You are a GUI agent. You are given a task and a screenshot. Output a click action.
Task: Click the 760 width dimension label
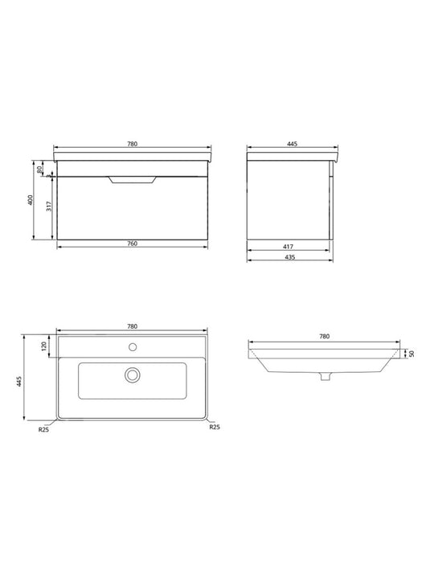coord(133,244)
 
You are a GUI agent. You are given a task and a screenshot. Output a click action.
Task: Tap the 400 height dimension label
coord(31,200)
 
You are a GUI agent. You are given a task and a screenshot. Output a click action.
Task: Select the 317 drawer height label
coord(49,206)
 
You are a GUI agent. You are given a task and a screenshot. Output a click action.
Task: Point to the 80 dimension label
coord(40,169)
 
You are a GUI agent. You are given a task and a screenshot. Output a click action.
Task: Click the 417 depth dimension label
coord(288,247)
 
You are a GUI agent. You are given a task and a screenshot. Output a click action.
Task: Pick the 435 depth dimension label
coord(289,257)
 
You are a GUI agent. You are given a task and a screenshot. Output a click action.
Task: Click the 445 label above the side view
coord(292,144)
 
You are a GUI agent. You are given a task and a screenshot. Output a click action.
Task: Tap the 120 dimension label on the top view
coord(44,346)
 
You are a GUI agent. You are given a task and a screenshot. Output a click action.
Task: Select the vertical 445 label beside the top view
coord(20,382)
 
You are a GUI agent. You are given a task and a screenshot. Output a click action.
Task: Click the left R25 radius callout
coord(43,430)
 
